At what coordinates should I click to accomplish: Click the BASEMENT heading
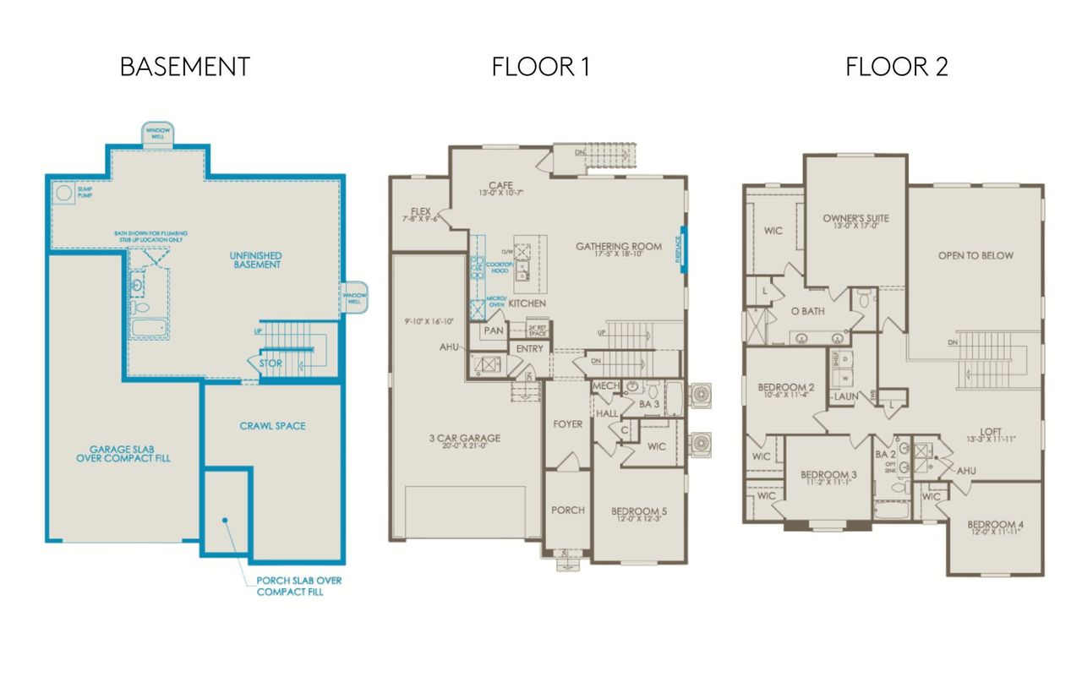pyautogui.click(x=184, y=68)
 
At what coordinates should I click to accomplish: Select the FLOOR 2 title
pyautogui.click(x=896, y=68)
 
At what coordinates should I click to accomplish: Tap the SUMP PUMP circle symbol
pyautogui.click(x=63, y=193)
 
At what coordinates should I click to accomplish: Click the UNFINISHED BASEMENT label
pyautogui.click(x=254, y=259)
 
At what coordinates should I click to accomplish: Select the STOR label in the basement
pyautogui.click(x=270, y=363)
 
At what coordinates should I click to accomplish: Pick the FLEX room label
pyautogui.click(x=421, y=211)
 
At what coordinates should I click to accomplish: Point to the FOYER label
pyautogui.click(x=567, y=424)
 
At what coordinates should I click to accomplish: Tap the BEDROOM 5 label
pyautogui.click(x=638, y=511)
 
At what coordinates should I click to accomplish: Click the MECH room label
pyautogui.click(x=605, y=386)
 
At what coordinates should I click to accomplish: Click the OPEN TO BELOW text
pyautogui.click(x=975, y=255)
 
